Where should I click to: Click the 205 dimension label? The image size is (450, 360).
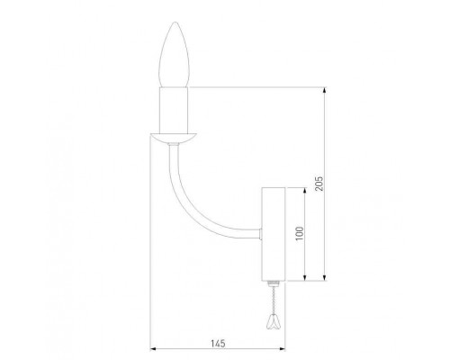(x=319, y=184)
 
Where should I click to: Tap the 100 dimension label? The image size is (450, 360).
(x=300, y=234)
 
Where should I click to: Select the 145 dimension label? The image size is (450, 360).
(x=218, y=344)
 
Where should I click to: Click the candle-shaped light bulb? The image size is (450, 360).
(x=175, y=55)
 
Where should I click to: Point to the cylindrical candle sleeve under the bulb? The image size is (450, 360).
(x=174, y=110)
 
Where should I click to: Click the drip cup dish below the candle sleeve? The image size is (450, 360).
(x=174, y=138)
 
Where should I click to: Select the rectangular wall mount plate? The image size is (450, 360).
(x=273, y=234)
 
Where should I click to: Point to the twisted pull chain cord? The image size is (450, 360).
(x=273, y=299)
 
